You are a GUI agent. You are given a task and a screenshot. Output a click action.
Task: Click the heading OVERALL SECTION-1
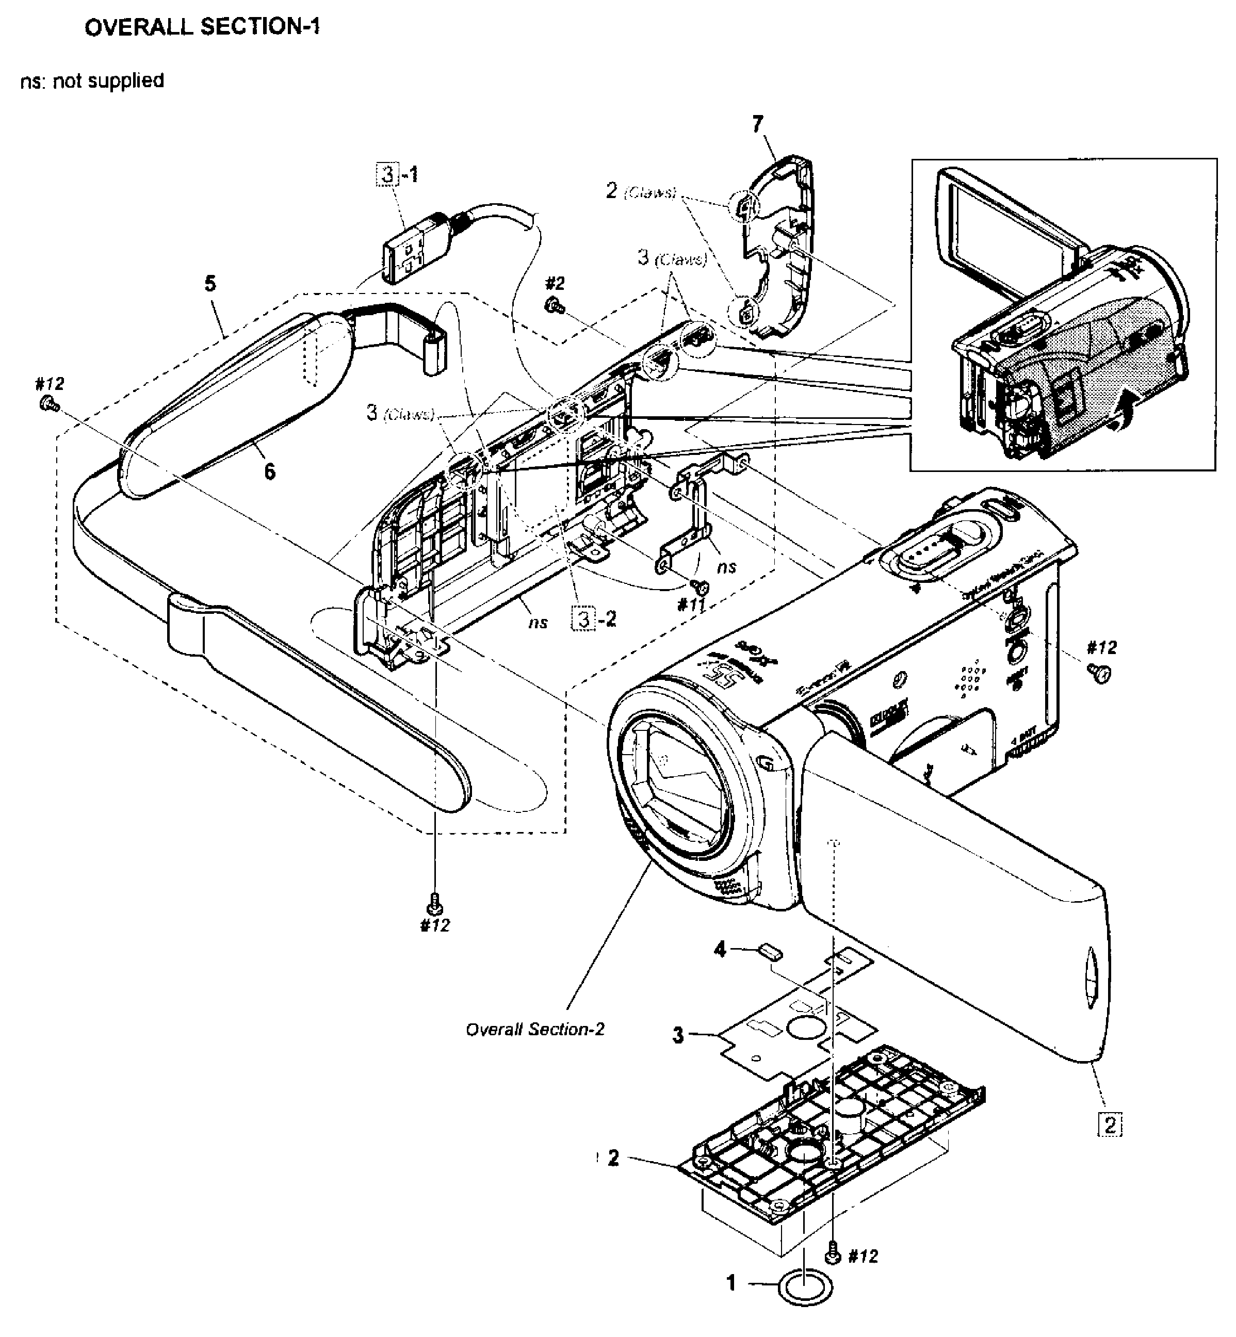202,27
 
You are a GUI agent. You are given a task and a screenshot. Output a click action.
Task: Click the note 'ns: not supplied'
92,81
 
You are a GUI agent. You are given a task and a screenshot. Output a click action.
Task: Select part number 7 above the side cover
757,124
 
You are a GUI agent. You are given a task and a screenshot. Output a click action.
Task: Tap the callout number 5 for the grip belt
210,284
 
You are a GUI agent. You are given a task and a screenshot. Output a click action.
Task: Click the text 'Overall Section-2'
534,1030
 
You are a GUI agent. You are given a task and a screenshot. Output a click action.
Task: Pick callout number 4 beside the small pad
720,949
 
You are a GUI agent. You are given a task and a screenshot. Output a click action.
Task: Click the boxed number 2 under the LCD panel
1110,1125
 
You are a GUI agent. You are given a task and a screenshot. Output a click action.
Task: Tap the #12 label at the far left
50,384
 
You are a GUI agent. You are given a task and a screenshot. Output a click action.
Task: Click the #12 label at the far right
1101,647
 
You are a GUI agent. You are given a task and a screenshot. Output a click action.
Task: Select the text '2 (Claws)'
641,192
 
